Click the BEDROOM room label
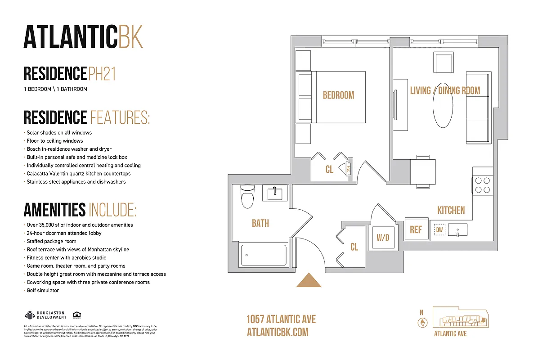338,95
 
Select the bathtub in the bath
264,255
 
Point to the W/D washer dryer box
383,237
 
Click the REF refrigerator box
416,229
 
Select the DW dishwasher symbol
439,230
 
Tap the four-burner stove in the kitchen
483,185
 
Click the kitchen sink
457,230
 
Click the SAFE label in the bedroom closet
348,169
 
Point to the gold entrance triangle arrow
309,280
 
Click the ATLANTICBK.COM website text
278,332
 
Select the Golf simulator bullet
43,291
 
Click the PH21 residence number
102,74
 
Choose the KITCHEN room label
451,210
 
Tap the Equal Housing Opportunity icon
76,315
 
